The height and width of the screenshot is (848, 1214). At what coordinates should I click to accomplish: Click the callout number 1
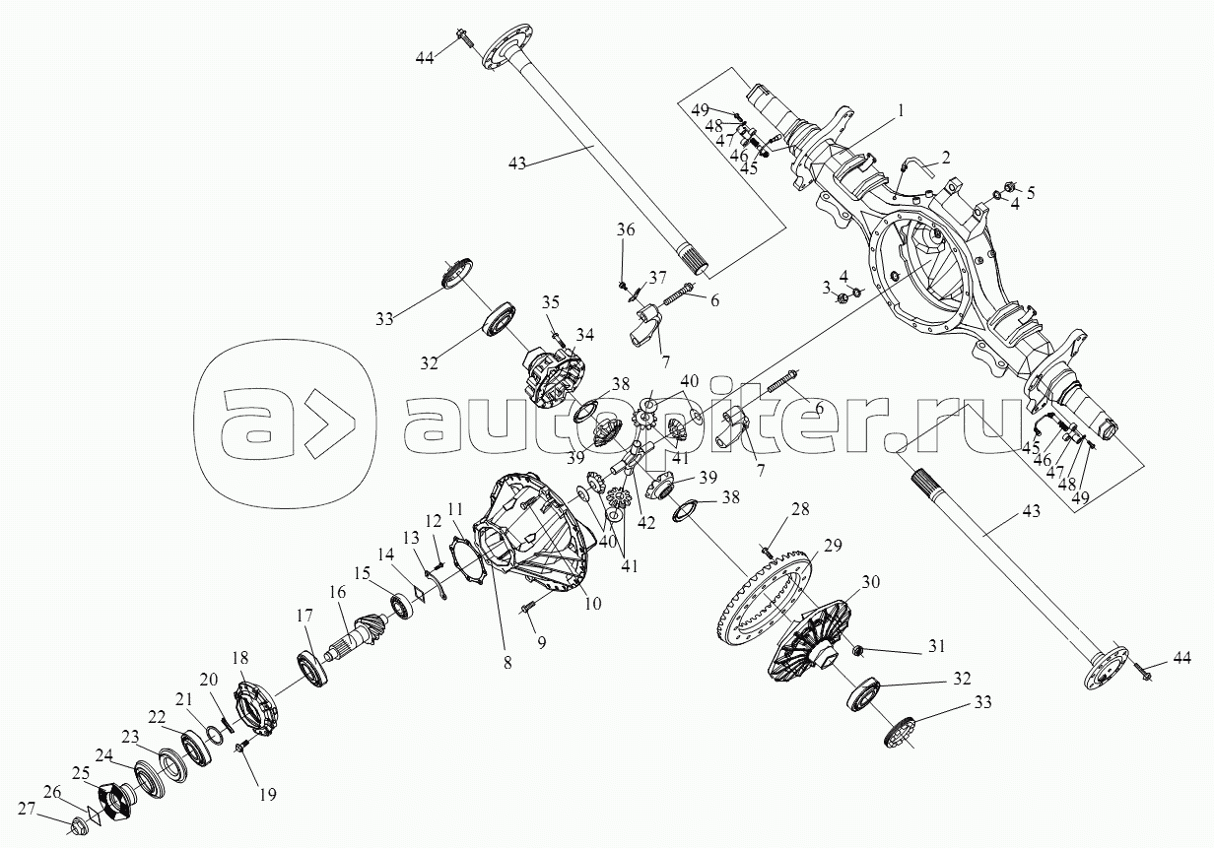pos(899,111)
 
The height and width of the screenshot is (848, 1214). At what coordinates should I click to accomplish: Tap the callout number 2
pos(945,157)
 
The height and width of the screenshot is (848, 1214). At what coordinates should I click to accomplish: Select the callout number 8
pos(507,663)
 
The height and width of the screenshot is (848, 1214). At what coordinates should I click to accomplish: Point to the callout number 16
pos(338,592)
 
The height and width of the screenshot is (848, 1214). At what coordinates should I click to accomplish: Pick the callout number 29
pos(834,546)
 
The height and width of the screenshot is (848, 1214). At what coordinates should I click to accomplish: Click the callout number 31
pos(935,646)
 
